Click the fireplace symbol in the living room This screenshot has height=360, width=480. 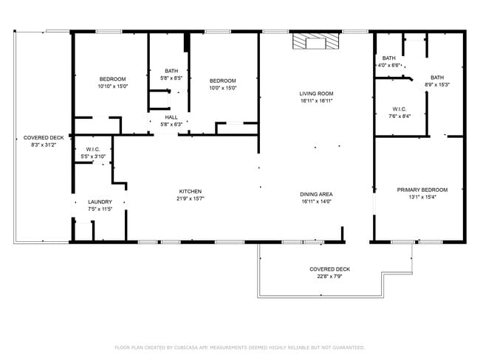(308, 41)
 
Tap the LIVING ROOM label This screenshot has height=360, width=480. (316, 94)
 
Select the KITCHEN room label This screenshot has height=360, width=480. (190, 191)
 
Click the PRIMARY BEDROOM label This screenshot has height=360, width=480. (422, 190)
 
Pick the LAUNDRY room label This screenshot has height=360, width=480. (100, 201)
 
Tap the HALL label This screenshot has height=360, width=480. (171, 117)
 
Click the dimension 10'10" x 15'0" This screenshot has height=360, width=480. (113, 86)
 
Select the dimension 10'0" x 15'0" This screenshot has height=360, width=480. (222, 88)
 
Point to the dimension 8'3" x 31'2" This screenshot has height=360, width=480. (44, 145)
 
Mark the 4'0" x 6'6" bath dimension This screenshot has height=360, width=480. (389, 66)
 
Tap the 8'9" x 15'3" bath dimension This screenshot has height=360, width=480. (437, 84)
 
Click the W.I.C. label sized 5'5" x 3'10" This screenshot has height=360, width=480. (92, 156)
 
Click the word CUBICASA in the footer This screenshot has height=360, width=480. (190, 347)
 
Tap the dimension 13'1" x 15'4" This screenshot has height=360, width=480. (422, 196)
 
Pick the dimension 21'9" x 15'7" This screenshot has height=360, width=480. (190, 198)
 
